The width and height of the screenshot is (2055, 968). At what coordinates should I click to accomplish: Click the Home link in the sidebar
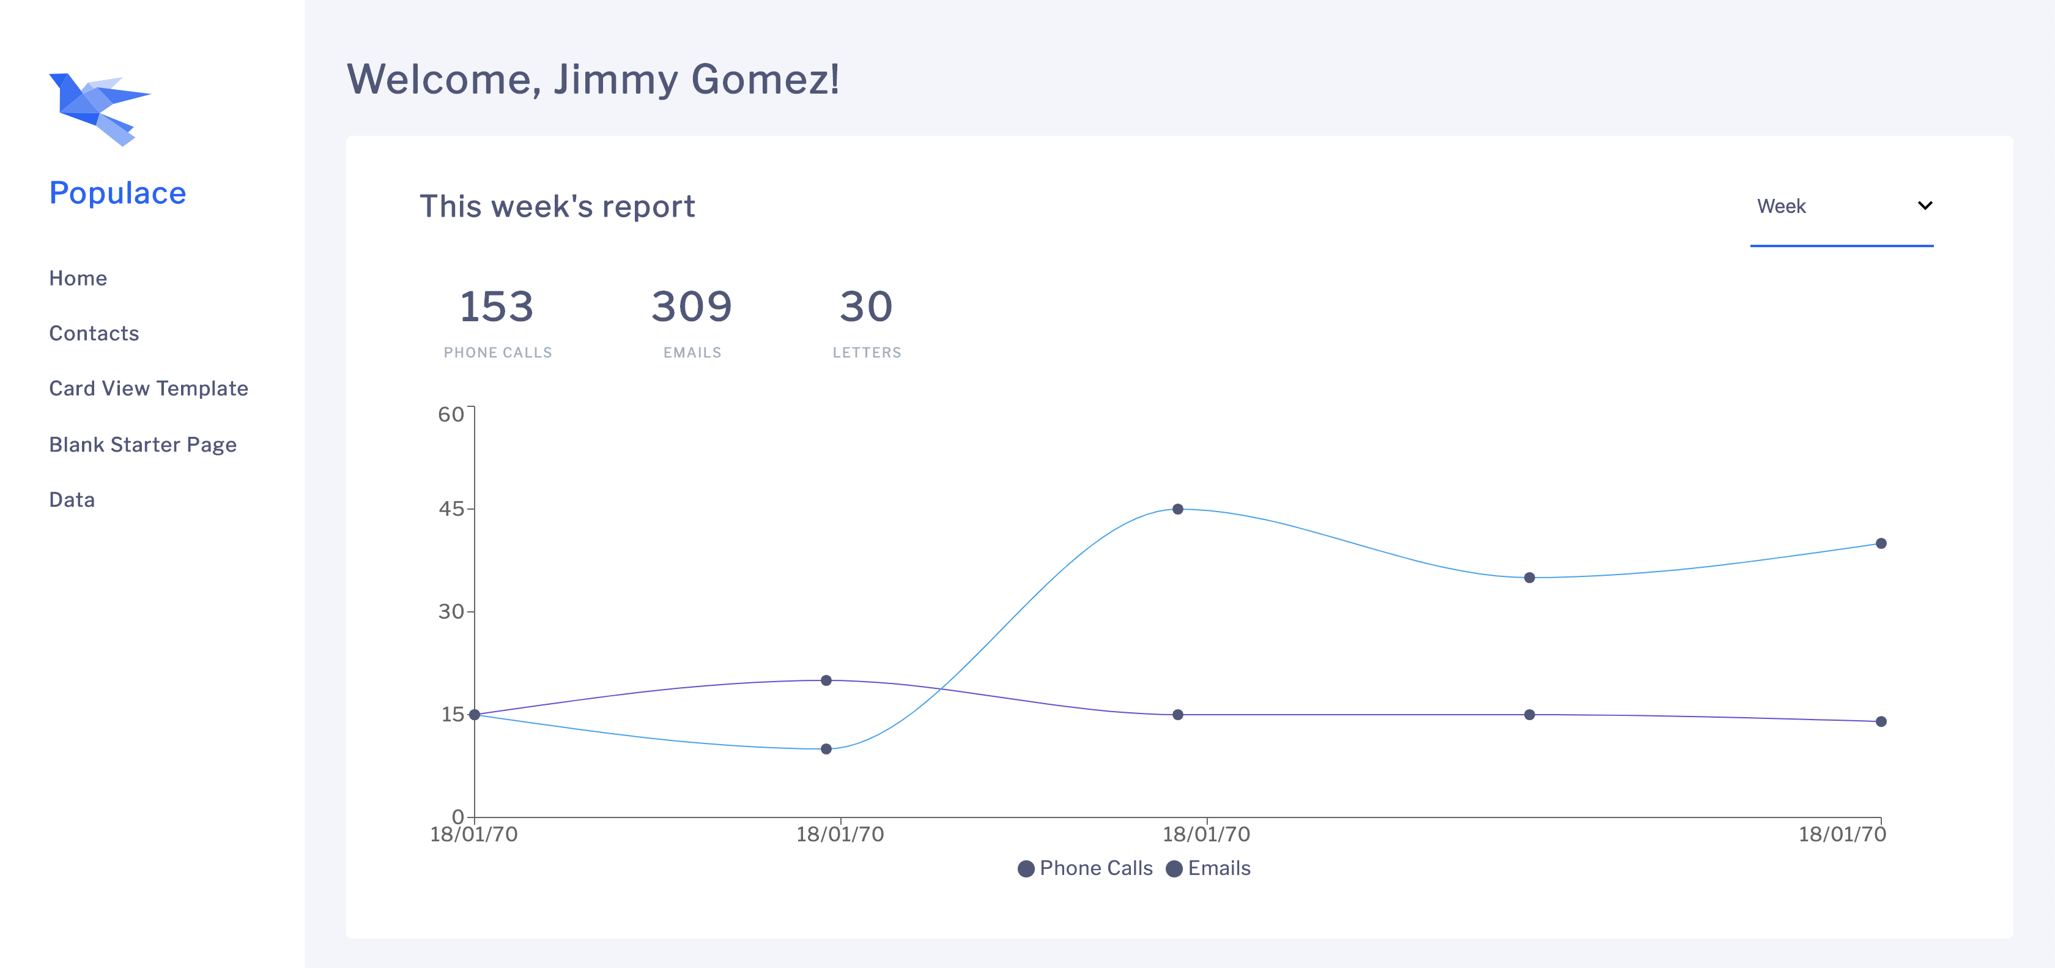[x=78, y=278]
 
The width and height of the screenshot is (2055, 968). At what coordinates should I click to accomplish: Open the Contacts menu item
[x=94, y=333]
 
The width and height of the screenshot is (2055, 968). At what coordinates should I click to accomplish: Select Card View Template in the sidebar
[x=149, y=389]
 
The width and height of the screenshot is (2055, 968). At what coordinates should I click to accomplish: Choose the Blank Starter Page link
[x=143, y=444]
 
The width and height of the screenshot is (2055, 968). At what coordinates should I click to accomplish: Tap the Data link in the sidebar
[x=72, y=499]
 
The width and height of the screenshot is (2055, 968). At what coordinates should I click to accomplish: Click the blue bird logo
[x=99, y=110]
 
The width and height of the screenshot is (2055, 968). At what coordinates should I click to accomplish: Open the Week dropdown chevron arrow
[x=1924, y=206]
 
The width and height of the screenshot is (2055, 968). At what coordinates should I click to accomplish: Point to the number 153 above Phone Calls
[x=496, y=307]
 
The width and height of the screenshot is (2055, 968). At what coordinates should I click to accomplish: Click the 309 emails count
[x=691, y=307]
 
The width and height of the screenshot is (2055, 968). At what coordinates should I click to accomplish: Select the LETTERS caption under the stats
[x=867, y=352]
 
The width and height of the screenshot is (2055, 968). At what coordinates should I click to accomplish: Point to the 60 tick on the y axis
[x=451, y=414]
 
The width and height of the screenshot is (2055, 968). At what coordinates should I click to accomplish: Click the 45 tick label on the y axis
[x=451, y=509]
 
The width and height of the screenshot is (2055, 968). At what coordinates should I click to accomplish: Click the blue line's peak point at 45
[x=1177, y=509]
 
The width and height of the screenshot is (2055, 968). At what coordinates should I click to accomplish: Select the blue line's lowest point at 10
[x=826, y=748]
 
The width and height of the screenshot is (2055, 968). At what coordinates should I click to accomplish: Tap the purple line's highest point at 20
[x=826, y=680]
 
